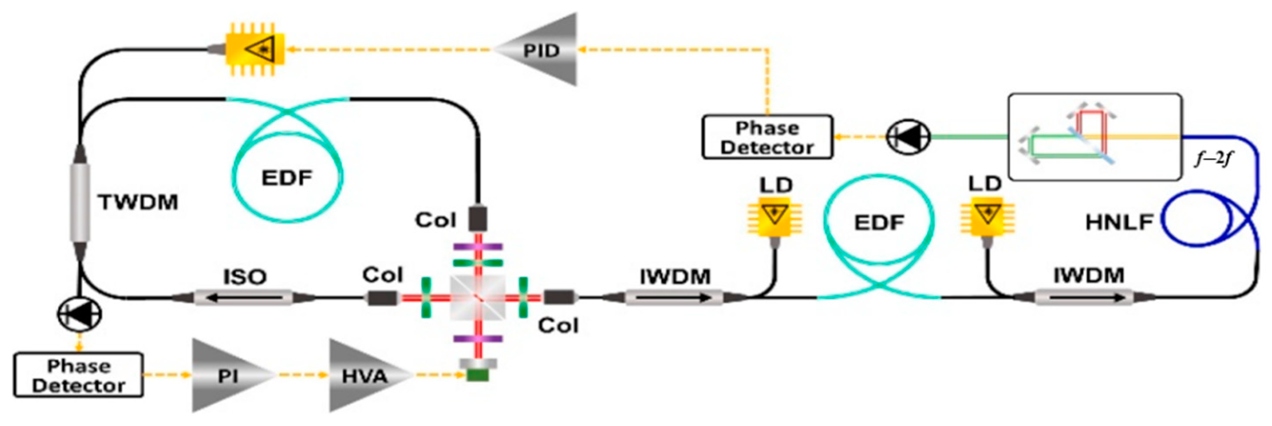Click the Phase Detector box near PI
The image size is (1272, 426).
pyautogui.click(x=78, y=375)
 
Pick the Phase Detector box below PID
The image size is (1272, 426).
pyautogui.click(x=767, y=137)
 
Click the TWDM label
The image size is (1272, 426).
pyautogui.click(x=138, y=202)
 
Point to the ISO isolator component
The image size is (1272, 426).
pyautogui.click(x=244, y=298)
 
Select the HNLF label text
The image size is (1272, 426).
pyautogui.click(x=1119, y=223)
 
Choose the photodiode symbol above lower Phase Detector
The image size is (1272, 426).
pyautogui.click(x=79, y=314)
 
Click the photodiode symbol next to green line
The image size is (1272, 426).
pyautogui.click(x=908, y=137)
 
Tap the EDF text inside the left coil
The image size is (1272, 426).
pyautogui.click(x=287, y=177)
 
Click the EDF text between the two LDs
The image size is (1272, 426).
pyautogui.click(x=879, y=223)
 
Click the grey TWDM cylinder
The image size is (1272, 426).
pyautogui.click(x=79, y=203)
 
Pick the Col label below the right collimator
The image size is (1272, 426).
pyautogui.click(x=558, y=325)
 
